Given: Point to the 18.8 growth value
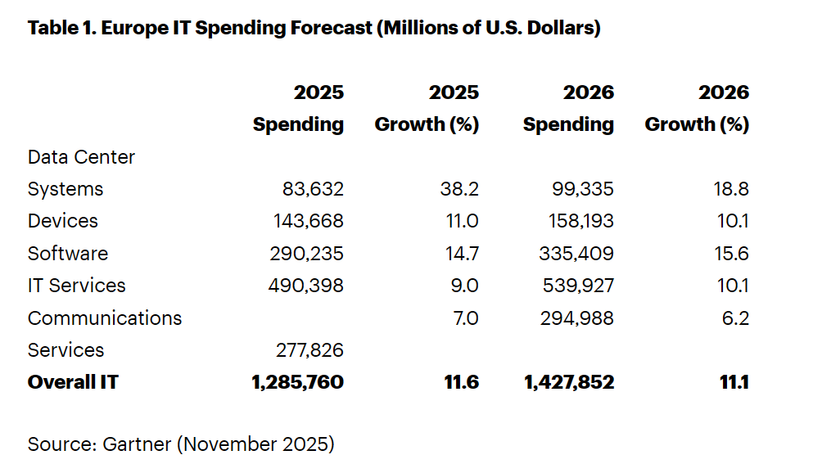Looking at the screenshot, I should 731,189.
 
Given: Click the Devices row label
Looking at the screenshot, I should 62,221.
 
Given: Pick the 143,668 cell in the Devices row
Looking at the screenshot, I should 307,221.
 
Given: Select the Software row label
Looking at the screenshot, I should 67,254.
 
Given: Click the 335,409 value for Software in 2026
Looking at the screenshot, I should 577,254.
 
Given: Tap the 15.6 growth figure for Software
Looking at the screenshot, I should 731,254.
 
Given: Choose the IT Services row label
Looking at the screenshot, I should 76,286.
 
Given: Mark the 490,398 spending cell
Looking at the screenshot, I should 306,286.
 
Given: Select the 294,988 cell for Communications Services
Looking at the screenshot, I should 577,318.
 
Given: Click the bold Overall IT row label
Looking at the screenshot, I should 72,382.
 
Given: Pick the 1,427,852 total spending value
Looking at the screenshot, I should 568,382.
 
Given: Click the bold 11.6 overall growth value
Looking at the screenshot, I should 463,382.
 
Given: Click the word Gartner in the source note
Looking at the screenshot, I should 136,444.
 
